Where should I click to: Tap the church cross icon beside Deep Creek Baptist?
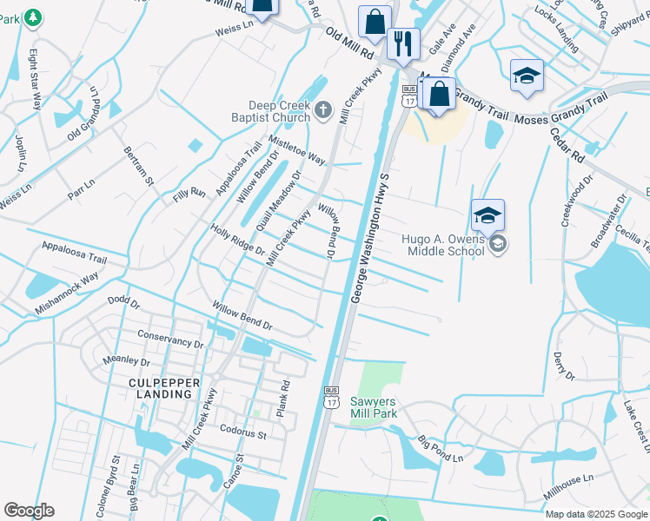coord(323,109)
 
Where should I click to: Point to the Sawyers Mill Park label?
coord(373,407)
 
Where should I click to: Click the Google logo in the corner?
coord(30,511)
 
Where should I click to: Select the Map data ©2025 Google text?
coord(596,514)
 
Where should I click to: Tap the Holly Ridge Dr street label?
coord(237,239)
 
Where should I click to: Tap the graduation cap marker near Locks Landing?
coord(527,76)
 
